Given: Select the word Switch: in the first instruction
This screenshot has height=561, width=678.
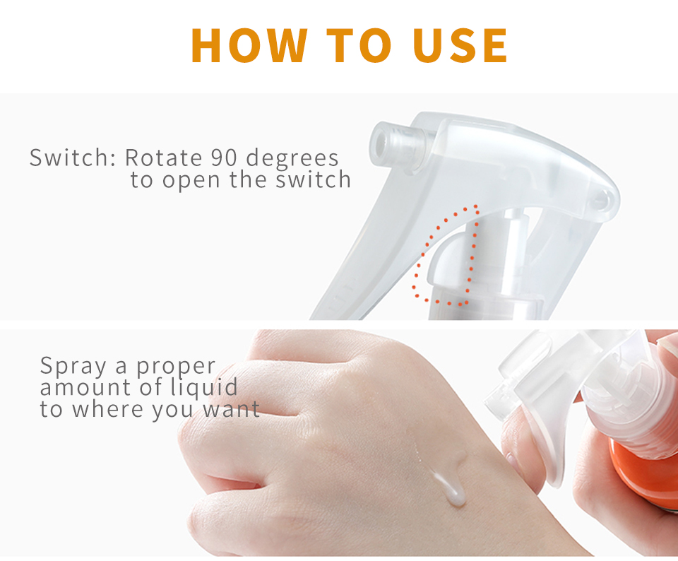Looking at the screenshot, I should pos(72,157).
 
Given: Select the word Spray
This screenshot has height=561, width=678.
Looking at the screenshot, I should pos(69,367).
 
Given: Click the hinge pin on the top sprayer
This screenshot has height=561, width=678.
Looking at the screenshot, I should pos(601,199).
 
